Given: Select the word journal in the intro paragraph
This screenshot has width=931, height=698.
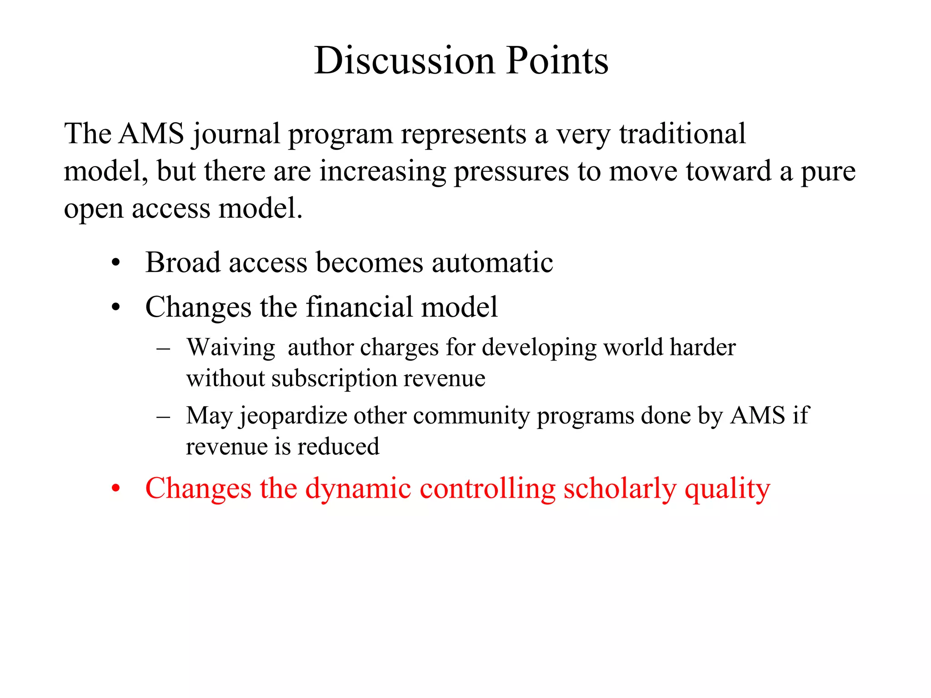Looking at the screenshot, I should coord(235,135).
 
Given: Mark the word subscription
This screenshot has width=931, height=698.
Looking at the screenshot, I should coord(333,379).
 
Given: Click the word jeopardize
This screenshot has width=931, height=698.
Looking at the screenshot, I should coord(293,416).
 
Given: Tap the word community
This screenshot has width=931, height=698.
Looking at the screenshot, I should coord(471,416).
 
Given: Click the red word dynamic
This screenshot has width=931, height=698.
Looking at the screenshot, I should coord(358,489).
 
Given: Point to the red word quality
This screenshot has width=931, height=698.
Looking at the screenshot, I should coord(727,490).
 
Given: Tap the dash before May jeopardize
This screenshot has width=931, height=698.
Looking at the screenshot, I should coord(163,416).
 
